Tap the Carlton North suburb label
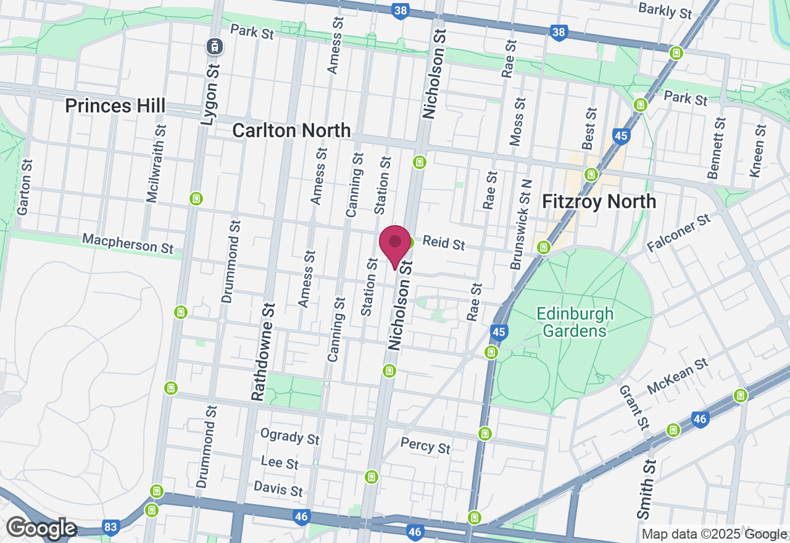pyautogui.click(x=291, y=131)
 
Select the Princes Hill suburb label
pyautogui.click(x=115, y=106)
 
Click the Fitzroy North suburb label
pyautogui.click(x=599, y=202)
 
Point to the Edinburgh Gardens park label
pyautogui.click(x=575, y=322)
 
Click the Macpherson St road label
pyautogui.click(x=128, y=243)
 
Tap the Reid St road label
pyautogui.click(x=443, y=244)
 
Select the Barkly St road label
pyautogui.click(x=665, y=10)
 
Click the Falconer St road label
pyautogui.click(x=678, y=233)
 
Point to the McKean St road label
pyautogui.click(x=677, y=377)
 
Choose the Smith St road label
pyautogui.click(x=646, y=489)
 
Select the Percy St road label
pyautogui.click(x=425, y=445)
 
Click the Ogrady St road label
pyautogui.click(x=289, y=436)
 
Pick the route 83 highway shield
pyautogui.click(x=111, y=527)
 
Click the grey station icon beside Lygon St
pyautogui.click(x=215, y=46)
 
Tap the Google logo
pyautogui.click(x=41, y=528)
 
